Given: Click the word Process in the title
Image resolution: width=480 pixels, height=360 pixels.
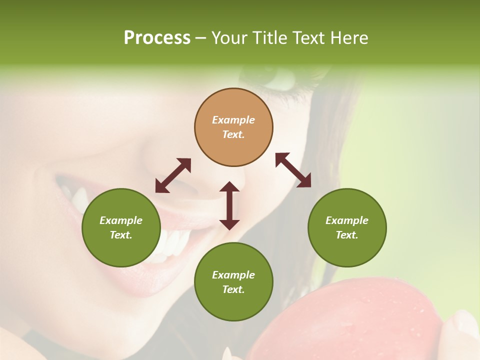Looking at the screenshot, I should point(157,38).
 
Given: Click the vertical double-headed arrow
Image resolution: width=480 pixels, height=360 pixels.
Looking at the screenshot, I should point(229,205).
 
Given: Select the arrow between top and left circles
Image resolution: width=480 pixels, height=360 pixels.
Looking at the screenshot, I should point(173,175).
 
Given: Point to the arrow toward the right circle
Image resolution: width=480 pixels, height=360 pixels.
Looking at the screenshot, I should point(293,170).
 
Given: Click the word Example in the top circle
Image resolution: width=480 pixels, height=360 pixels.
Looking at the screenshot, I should point(233,120).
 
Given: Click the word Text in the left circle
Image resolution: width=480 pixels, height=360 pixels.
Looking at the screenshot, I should point(121,235).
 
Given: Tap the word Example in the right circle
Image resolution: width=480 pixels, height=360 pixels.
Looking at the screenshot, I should point(347,220).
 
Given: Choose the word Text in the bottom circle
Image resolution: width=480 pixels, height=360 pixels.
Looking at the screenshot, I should point(233,289).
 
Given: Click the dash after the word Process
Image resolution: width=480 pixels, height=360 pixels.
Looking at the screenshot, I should point(201,38).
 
